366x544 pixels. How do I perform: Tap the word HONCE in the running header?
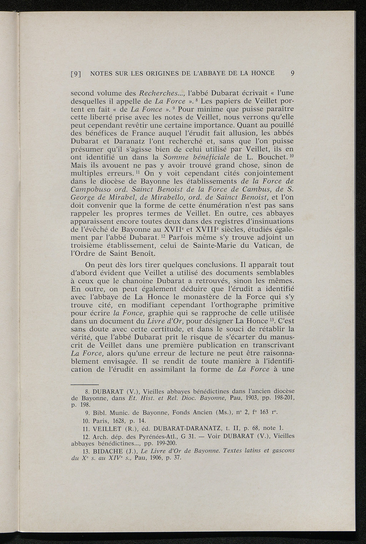[262, 73]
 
